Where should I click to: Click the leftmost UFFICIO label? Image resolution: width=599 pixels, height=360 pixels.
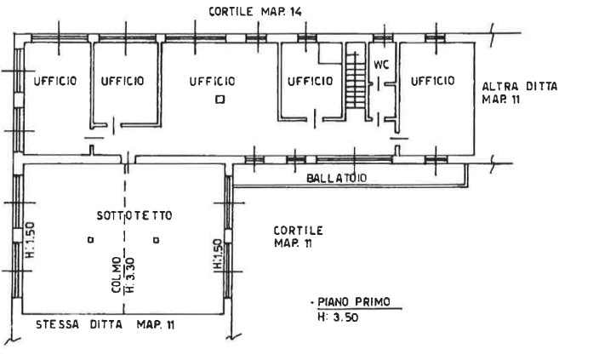pyautogui.click(x=55, y=81)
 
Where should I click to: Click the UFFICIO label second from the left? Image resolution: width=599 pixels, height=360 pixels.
pyautogui.click(x=123, y=81)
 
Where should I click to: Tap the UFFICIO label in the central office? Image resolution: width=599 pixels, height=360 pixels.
pyautogui.click(x=212, y=81)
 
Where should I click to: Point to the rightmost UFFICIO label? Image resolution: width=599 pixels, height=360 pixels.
pyautogui.click(x=433, y=82)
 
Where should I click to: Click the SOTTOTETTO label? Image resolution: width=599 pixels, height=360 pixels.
pyautogui.click(x=134, y=216)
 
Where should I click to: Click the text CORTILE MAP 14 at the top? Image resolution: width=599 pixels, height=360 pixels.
pyautogui.click(x=243, y=10)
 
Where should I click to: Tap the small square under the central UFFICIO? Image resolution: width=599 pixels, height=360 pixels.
pyautogui.click(x=220, y=100)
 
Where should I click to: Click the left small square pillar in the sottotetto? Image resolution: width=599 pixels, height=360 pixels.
pyautogui.click(x=89, y=241)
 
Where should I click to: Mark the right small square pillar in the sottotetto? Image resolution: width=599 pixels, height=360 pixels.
pyautogui.click(x=157, y=241)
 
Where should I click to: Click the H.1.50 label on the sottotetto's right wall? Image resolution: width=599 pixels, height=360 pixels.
pyautogui.click(x=218, y=254)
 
